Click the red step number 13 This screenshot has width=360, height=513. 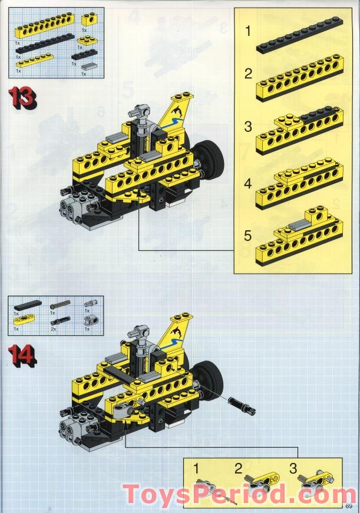point(22,97)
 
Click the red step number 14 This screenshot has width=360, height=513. point(22,354)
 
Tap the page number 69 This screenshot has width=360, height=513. point(349,506)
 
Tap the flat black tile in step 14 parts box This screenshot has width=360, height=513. point(28,305)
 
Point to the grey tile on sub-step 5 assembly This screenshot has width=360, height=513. point(300,224)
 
